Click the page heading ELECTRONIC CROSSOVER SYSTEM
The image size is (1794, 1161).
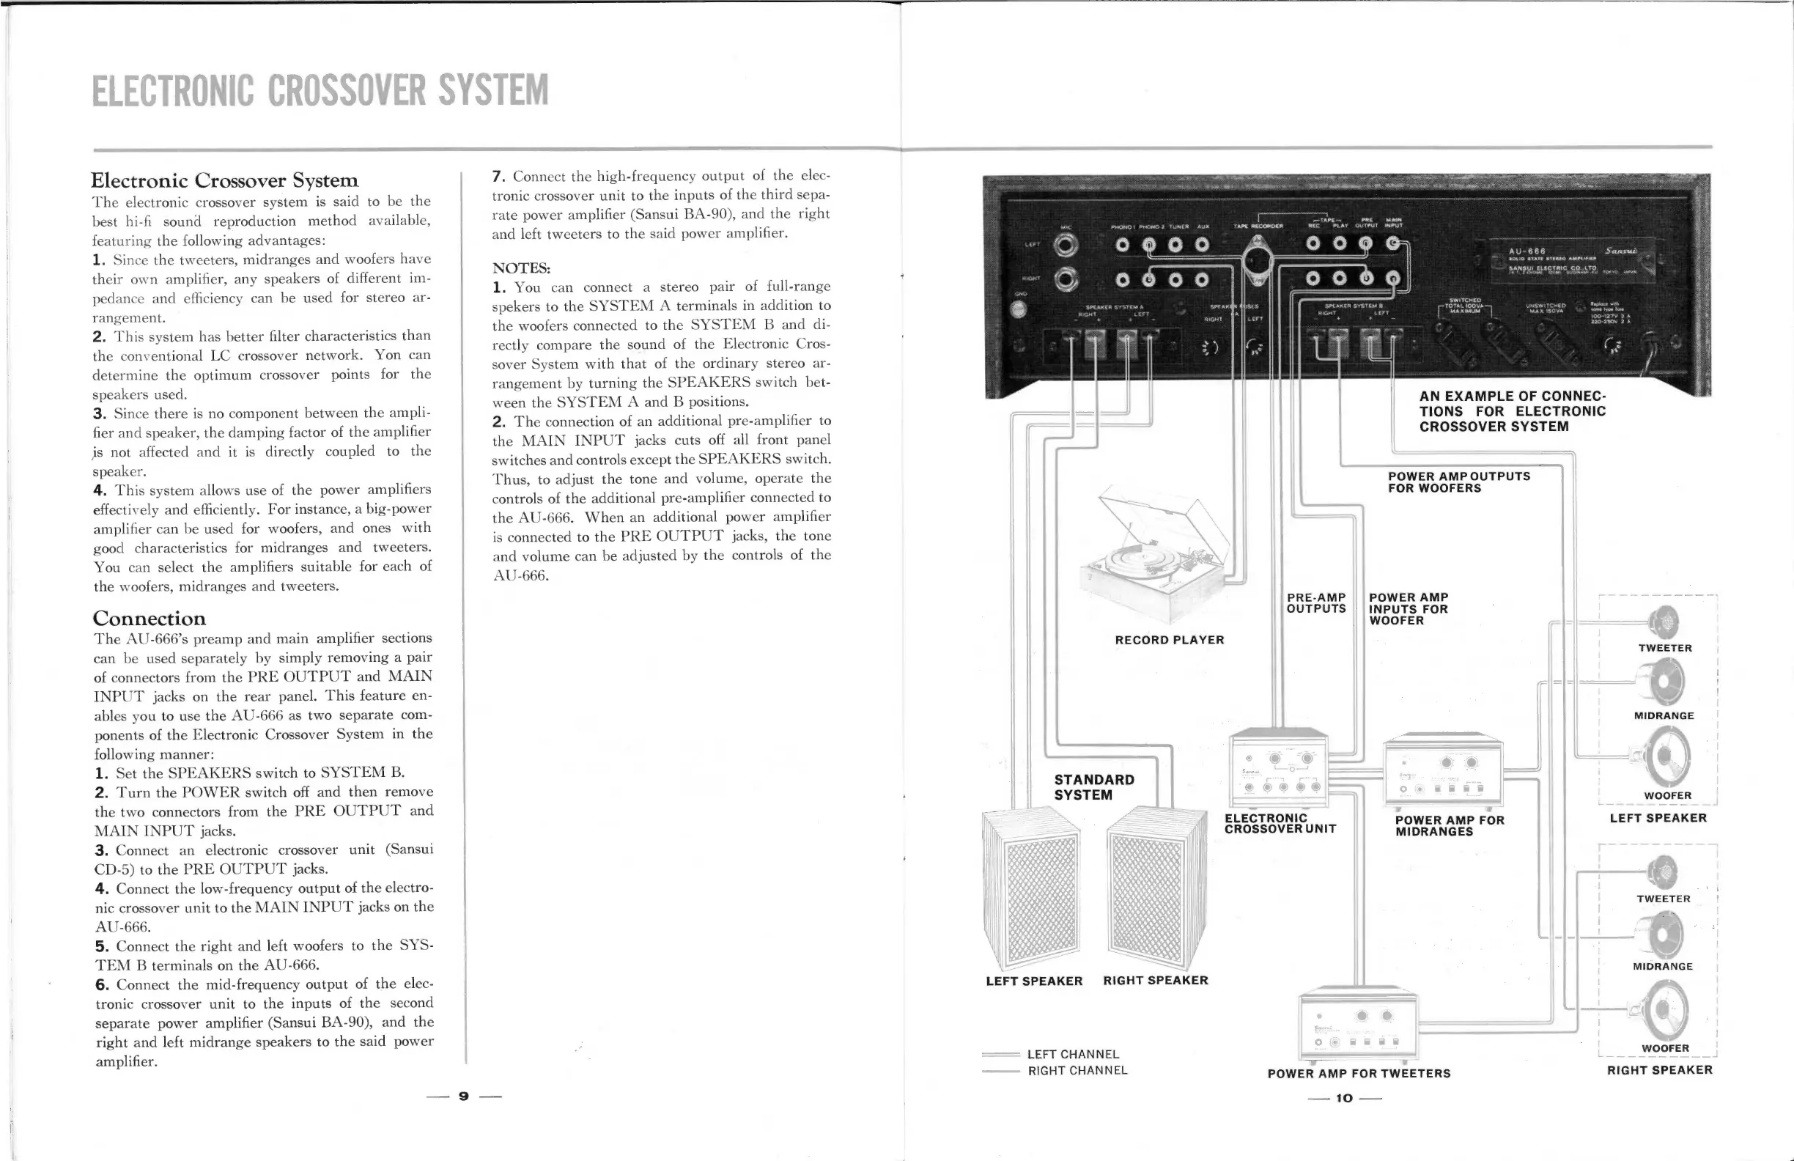[320, 90]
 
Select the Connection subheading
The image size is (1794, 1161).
[149, 619]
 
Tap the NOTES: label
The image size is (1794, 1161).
[521, 268]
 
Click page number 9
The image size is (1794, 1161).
[464, 1096]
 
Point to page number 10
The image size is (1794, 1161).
[1344, 1098]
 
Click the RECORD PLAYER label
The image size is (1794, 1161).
[1169, 640]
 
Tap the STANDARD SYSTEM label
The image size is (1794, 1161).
[1093, 787]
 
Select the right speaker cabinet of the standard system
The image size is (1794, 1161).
[1155, 890]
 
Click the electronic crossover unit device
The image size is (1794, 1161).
[1279, 769]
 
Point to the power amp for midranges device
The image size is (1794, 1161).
[1443, 771]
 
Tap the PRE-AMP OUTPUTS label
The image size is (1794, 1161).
[1316, 603]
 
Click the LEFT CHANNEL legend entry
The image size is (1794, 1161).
[1073, 1054]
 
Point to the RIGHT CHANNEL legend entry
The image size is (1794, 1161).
[1077, 1071]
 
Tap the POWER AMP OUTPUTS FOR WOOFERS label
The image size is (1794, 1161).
[1458, 482]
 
